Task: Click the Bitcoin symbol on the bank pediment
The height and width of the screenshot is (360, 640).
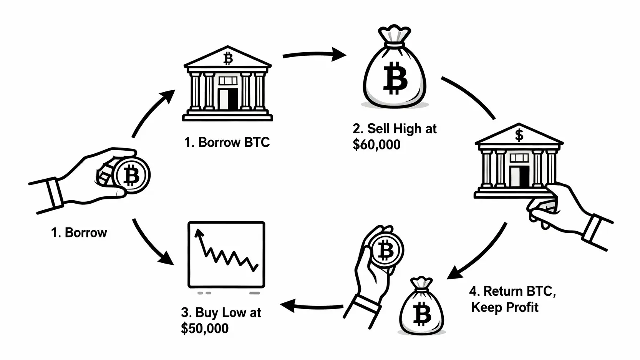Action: click(x=228, y=58)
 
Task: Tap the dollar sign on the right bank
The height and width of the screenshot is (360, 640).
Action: click(x=519, y=135)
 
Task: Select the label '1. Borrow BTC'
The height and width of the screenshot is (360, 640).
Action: click(x=227, y=143)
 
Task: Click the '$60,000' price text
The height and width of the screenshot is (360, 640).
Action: click(x=376, y=144)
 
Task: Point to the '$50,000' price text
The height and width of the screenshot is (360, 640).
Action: click(x=205, y=328)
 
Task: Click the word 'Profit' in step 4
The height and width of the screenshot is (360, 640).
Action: click(x=522, y=307)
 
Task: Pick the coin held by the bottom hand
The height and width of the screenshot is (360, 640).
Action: click(x=386, y=250)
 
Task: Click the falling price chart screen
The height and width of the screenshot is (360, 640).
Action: click(x=226, y=254)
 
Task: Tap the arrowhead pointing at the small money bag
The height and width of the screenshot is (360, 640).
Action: click(x=453, y=273)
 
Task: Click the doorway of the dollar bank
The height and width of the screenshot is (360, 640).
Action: click(x=524, y=176)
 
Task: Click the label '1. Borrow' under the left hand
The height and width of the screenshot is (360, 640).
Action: click(x=79, y=232)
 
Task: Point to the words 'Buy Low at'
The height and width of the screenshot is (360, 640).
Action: click(x=221, y=312)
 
